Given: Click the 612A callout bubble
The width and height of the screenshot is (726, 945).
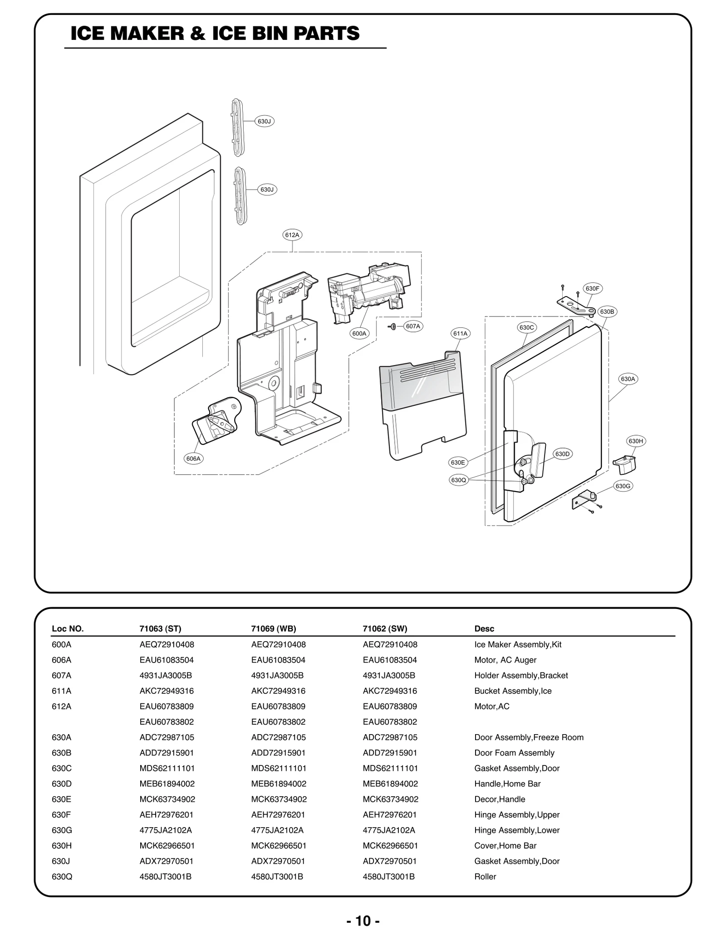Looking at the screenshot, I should [x=292, y=235].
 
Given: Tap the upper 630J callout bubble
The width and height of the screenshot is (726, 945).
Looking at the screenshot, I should [x=264, y=121].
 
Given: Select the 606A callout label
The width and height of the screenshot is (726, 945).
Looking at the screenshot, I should [x=193, y=458].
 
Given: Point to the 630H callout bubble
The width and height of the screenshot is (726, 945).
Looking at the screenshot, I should [x=635, y=441].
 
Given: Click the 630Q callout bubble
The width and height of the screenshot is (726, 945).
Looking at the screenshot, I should [x=458, y=480].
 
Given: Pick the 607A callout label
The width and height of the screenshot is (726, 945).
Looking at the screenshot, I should [x=413, y=326].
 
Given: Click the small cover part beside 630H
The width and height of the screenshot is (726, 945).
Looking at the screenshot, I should [x=624, y=463].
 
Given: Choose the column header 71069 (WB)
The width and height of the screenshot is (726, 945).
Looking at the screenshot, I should [x=273, y=628].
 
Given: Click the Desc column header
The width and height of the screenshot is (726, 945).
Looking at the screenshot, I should [x=484, y=628].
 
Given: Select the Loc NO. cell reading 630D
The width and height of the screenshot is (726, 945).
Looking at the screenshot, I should [x=62, y=784].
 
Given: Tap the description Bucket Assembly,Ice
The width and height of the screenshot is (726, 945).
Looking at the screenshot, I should [x=513, y=691].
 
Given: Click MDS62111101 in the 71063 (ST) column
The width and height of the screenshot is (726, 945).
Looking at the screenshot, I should [x=167, y=768].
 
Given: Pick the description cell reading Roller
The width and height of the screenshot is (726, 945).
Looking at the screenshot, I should [x=485, y=877].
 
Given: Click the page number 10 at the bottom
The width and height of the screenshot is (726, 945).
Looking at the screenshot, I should [x=363, y=921].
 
